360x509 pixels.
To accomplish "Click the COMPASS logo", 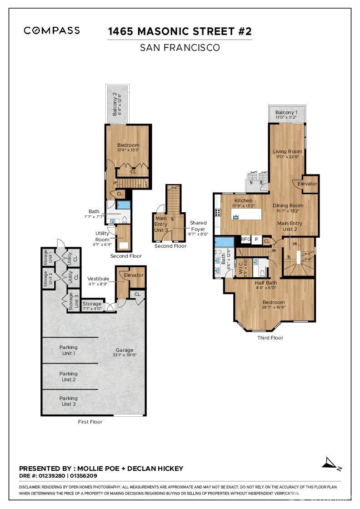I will pyautogui.click(x=52, y=30).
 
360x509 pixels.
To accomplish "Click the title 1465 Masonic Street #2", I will pyautogui.click(x=180, y=31).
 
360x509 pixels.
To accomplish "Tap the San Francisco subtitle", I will pyautogui.click(x=180, y=47).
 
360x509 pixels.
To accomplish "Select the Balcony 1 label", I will pyautogui.click(x=286, y=112).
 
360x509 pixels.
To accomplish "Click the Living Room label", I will pyautogui.click(x=287, y=152).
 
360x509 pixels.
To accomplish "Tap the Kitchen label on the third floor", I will pyautogui.click(x=243, y=200).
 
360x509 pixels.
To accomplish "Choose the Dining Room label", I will pyautogui.click(x=288, y=205).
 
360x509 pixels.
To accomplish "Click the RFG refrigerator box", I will pyautogui.click(x=245, y=239).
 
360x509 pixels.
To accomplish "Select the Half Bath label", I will pyautogui.click(x=265, y=283).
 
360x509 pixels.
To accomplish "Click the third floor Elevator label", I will pyautogui.click(x=308, y=184).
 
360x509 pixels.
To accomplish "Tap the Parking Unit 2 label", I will pyautogui.click(x=68, y=376).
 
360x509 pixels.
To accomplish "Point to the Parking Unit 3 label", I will pyautogui.click(x=68, y=401).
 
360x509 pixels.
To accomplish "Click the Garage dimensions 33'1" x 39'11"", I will pyautogui.click(x=124, y=355).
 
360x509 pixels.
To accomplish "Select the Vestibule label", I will pyautogui.click(x=98, y=279).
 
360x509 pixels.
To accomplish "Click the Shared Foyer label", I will pyautogui.click(x=198, y=226).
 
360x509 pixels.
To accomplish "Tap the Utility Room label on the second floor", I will pyautogui.click(x=102, y=236).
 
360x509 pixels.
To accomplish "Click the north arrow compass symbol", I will pyautogui.click(x=331, y=463).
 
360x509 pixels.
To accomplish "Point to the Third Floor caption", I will pyautogui.click(x=270, y=338).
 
